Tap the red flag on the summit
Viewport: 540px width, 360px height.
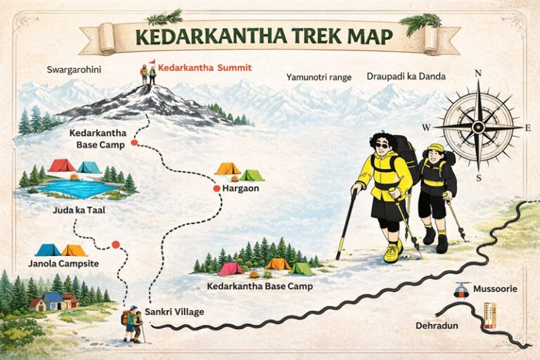151,62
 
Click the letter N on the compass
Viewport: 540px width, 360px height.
478,73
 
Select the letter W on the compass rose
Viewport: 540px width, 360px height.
426,127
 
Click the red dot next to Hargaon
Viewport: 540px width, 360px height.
217,188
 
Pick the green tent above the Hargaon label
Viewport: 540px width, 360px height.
251,175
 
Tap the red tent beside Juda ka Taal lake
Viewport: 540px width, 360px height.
62,165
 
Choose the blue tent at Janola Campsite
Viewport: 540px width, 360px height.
48,250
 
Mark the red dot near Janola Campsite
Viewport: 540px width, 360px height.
115,245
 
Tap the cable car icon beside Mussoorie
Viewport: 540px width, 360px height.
461,289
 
